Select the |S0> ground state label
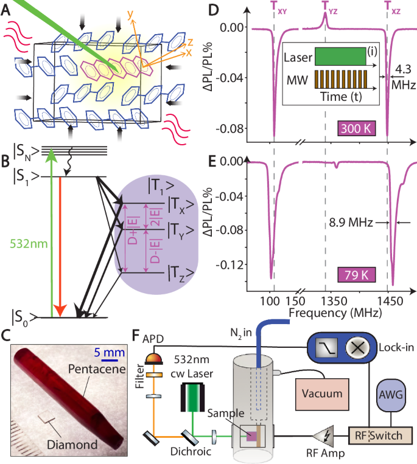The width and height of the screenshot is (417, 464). (x=25, y=316)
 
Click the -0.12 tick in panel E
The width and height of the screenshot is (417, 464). (x=229, y=265)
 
